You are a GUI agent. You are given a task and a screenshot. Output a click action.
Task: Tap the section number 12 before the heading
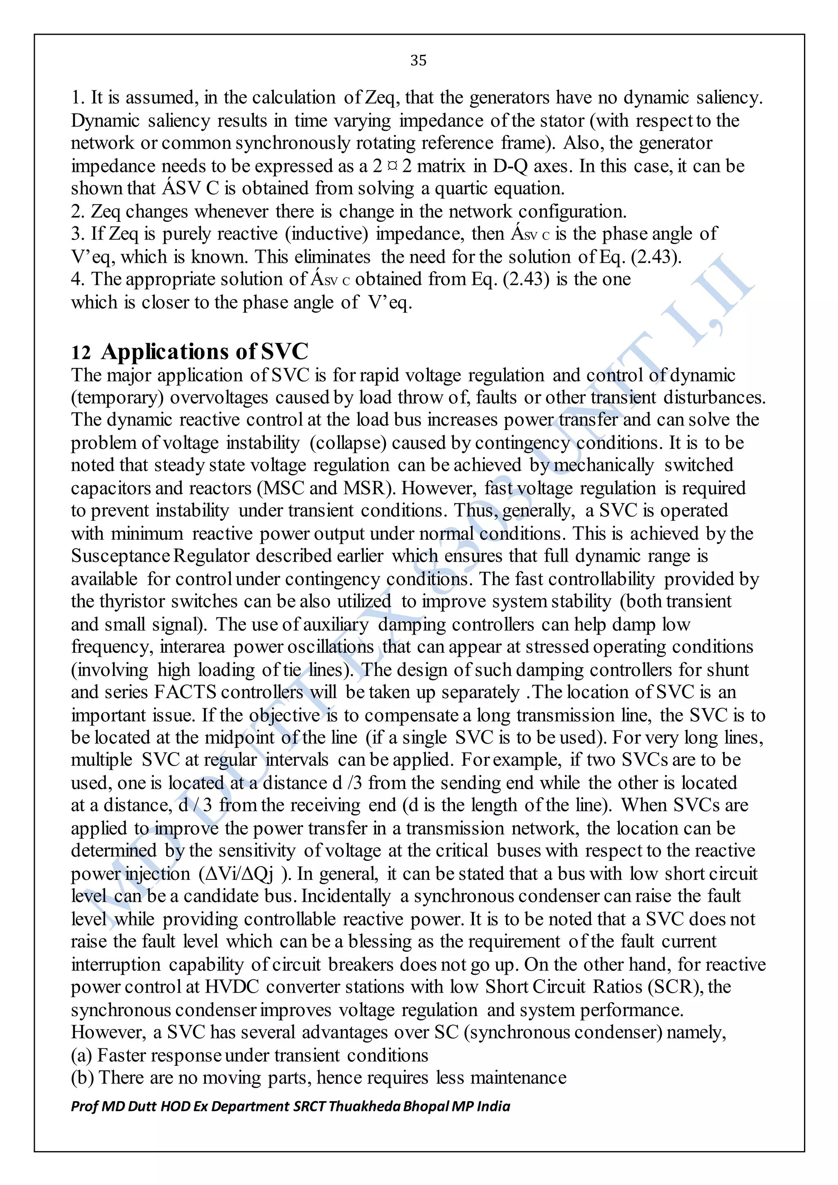pos(81,353)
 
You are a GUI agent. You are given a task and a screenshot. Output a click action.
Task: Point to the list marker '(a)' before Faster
pos(81,1055)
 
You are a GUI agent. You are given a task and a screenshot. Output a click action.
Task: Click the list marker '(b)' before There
pos(82,1078)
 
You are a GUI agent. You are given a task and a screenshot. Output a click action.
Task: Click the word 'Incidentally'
pos(346,896)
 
